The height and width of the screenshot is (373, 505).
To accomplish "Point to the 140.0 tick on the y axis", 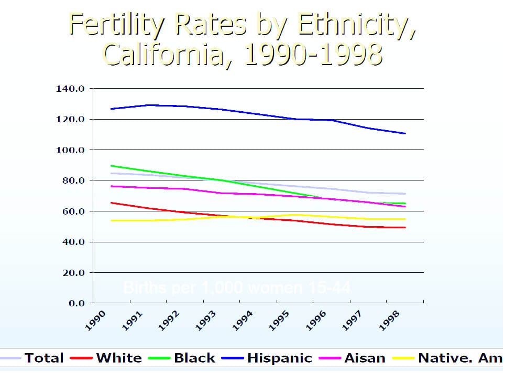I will point(70,89).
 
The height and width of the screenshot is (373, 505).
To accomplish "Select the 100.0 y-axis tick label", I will point(70,150).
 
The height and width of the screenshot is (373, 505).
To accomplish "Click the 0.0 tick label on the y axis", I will point(76,303).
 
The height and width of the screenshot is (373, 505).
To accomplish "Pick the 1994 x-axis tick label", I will point(244,320).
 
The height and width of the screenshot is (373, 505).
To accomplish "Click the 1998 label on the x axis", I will point(390,320).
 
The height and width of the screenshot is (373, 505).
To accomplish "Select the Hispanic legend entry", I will point(279,359).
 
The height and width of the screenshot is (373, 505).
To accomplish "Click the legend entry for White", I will point(119,359).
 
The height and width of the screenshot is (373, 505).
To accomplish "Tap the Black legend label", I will point(194,359).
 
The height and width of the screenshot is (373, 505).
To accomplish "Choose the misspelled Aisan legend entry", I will point(365,359).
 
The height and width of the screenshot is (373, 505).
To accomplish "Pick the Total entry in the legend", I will point(44,359).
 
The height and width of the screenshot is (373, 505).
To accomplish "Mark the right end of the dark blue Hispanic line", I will point(405,133).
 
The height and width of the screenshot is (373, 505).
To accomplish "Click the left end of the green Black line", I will point(111,166).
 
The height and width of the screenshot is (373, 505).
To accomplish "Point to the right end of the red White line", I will point(405,227).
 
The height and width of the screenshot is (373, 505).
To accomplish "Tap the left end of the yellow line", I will point(111,220).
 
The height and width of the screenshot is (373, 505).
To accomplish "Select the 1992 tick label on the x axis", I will point(170,320).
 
